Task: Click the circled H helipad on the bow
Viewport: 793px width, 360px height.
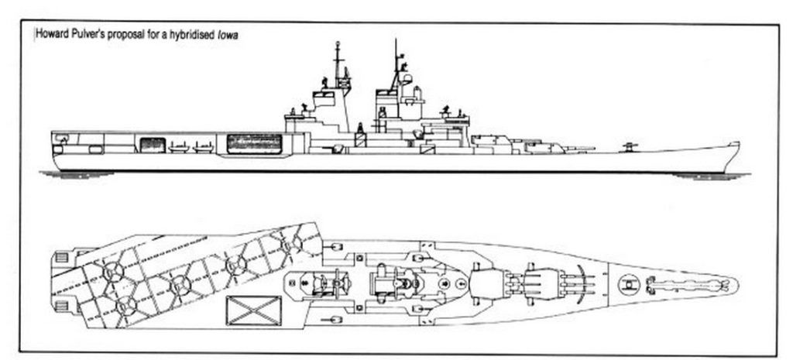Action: pos(629,285)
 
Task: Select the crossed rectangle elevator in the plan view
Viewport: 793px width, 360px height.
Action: pos(253,310)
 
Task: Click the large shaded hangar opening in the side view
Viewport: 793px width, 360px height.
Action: pos(254,143)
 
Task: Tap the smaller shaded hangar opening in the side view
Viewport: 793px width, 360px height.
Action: pos(153,145)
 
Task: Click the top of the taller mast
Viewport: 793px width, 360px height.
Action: pos(396,40)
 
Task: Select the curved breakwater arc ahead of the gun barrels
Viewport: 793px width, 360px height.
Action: pos(586,285)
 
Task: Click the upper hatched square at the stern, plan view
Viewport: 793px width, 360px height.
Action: pos(62,257)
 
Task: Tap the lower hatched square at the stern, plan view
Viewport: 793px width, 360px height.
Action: pos(62,307)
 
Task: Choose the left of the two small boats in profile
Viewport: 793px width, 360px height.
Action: pos(179,148)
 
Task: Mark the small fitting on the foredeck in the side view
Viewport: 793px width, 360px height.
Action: pos(629,147)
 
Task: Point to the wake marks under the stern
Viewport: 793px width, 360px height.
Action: pos(77,174)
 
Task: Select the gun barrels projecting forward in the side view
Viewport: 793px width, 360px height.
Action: pos(579,149)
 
